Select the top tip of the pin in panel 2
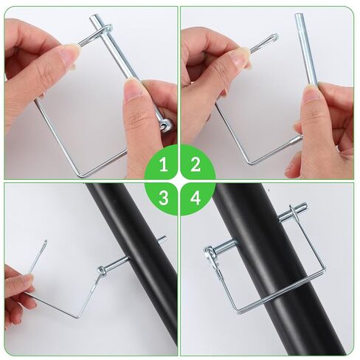tap(300, 16)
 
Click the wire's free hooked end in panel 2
tap(273, 37)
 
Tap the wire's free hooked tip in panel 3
tap(45, 242)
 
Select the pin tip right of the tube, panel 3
tap(162, 240)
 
